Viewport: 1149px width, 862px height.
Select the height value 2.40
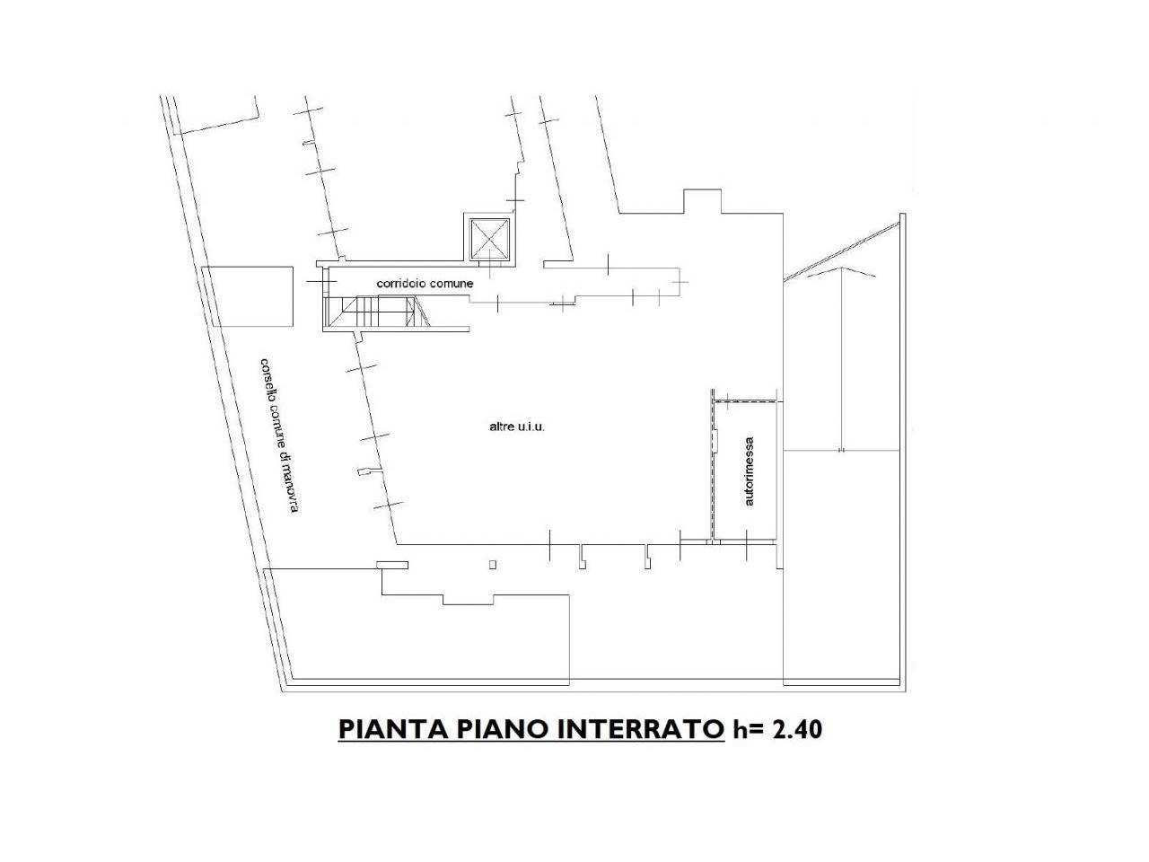pos(797,729)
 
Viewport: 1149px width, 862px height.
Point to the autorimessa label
pos(749,471)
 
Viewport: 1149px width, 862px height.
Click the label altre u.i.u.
pos(517,427)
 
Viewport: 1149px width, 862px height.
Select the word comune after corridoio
pos(452,283)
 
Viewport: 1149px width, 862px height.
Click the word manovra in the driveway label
pos(289,488)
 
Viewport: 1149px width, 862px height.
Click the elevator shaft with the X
pos(489,239)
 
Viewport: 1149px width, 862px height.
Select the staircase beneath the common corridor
pos(377,311)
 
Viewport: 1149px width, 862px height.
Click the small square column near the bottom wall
pos(493,564)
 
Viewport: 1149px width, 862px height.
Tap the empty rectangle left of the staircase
pos(248,296)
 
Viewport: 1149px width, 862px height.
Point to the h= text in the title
pos(749,729)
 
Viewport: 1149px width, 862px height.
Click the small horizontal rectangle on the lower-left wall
pos(392,565)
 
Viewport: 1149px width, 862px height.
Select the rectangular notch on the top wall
pos(703,201)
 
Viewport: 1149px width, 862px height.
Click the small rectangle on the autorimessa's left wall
pos(716,440)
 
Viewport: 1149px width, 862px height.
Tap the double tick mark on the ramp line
pos(841,450)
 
